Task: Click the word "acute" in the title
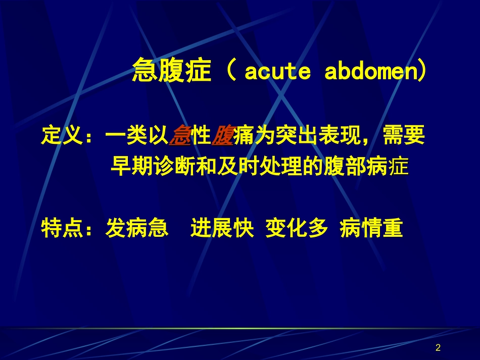click(x=277, y=72)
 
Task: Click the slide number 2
click(x=438, y=347)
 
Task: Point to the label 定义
click(x=62, y=137)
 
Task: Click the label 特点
click(x=62, y=229)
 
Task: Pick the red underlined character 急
click(x=179, y=137)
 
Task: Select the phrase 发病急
click(x=136, y=229)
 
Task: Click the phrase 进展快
click(x=222, y=229)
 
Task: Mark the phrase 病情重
click(x=371, y=229)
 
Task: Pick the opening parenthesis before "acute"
click(x=232, y=71)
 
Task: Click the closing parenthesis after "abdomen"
click(x=421, y=72)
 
